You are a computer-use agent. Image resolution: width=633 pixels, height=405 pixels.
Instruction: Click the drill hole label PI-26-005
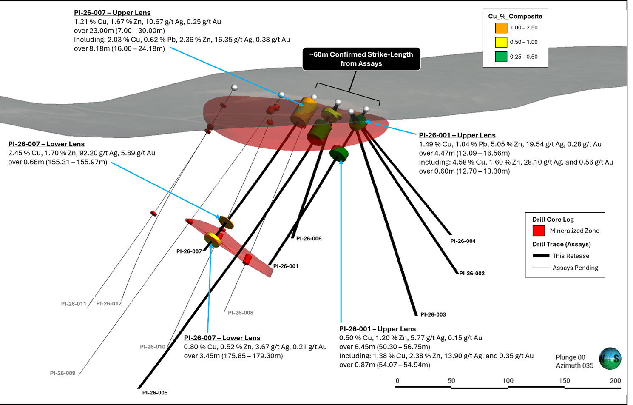(x=155, y=393)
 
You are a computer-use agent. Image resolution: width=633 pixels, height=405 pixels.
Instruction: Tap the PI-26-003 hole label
(x=433, y=314)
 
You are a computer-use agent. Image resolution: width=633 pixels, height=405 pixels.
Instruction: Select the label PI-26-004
(x=463, y=241)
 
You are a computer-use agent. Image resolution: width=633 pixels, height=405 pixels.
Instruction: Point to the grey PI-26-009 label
(x=63, y=373)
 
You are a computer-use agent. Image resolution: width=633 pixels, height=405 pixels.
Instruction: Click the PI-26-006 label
(x=309, y=238)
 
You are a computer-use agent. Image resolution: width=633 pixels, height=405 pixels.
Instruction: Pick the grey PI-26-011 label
(x=74, y=304)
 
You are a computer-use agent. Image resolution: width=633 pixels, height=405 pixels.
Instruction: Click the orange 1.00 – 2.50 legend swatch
(x=501, y=28)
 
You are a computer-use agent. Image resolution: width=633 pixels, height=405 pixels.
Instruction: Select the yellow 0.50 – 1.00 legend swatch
(x=501, y=42)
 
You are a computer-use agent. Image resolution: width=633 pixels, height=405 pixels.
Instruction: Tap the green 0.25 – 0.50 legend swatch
(x=501, y=57)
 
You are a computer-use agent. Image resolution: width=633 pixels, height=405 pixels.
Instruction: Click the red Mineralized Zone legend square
(x=539, y=231)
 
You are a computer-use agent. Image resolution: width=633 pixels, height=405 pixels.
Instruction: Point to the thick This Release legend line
(x=541, y=256)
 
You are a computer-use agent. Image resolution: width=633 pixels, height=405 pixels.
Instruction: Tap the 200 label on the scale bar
(x=615, y=381)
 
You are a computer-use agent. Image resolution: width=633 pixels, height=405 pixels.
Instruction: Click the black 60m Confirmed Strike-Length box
(x=361, y=59)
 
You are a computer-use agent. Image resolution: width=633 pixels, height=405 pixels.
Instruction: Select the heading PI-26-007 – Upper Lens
(x=112, y=13)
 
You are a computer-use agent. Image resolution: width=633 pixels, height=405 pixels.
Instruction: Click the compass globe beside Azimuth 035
(x=610, y=358)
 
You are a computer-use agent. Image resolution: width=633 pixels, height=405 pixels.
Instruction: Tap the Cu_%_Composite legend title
(x=515, y=17)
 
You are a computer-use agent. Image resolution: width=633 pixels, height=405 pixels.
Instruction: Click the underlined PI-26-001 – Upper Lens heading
(x=457, y=135)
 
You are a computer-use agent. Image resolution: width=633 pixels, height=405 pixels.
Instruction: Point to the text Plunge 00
(x=570, y=357)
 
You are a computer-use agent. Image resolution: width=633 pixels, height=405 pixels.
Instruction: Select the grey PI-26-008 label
(x=241, y=313)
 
